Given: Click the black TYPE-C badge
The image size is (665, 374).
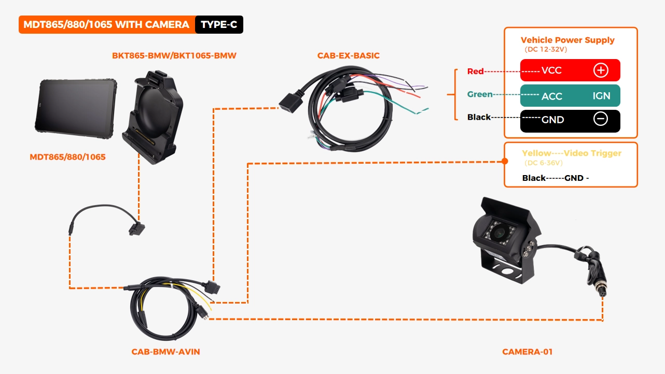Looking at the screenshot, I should (x=219, y=25).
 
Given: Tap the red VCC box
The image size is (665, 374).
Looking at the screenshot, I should (x=570, y=70).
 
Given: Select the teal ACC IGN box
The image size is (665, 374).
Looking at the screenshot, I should (x=570, y=96).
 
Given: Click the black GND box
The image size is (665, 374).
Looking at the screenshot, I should (x=570, y=120).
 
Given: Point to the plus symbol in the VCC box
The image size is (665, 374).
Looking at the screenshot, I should (x=601, y=70).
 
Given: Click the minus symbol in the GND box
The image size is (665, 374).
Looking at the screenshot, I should (x=600, y=119).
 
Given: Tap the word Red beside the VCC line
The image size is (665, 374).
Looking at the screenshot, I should (x=475, y=71).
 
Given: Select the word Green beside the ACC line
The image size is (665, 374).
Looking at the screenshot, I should (x=480, y=94).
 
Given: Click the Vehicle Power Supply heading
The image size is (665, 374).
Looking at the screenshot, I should (x=567, y=40).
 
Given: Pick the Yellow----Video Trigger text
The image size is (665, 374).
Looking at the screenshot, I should (x=571, y=153).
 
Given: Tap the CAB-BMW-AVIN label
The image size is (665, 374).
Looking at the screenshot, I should (x=165, y=352).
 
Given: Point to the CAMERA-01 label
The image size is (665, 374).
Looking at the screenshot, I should (x=527, y=352).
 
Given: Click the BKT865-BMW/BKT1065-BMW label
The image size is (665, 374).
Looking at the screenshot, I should (x=174, y=55).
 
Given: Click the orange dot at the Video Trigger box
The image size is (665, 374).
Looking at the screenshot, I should (x=505, y=162).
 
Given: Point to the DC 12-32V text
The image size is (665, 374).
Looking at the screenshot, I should (x=546, y=50).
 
